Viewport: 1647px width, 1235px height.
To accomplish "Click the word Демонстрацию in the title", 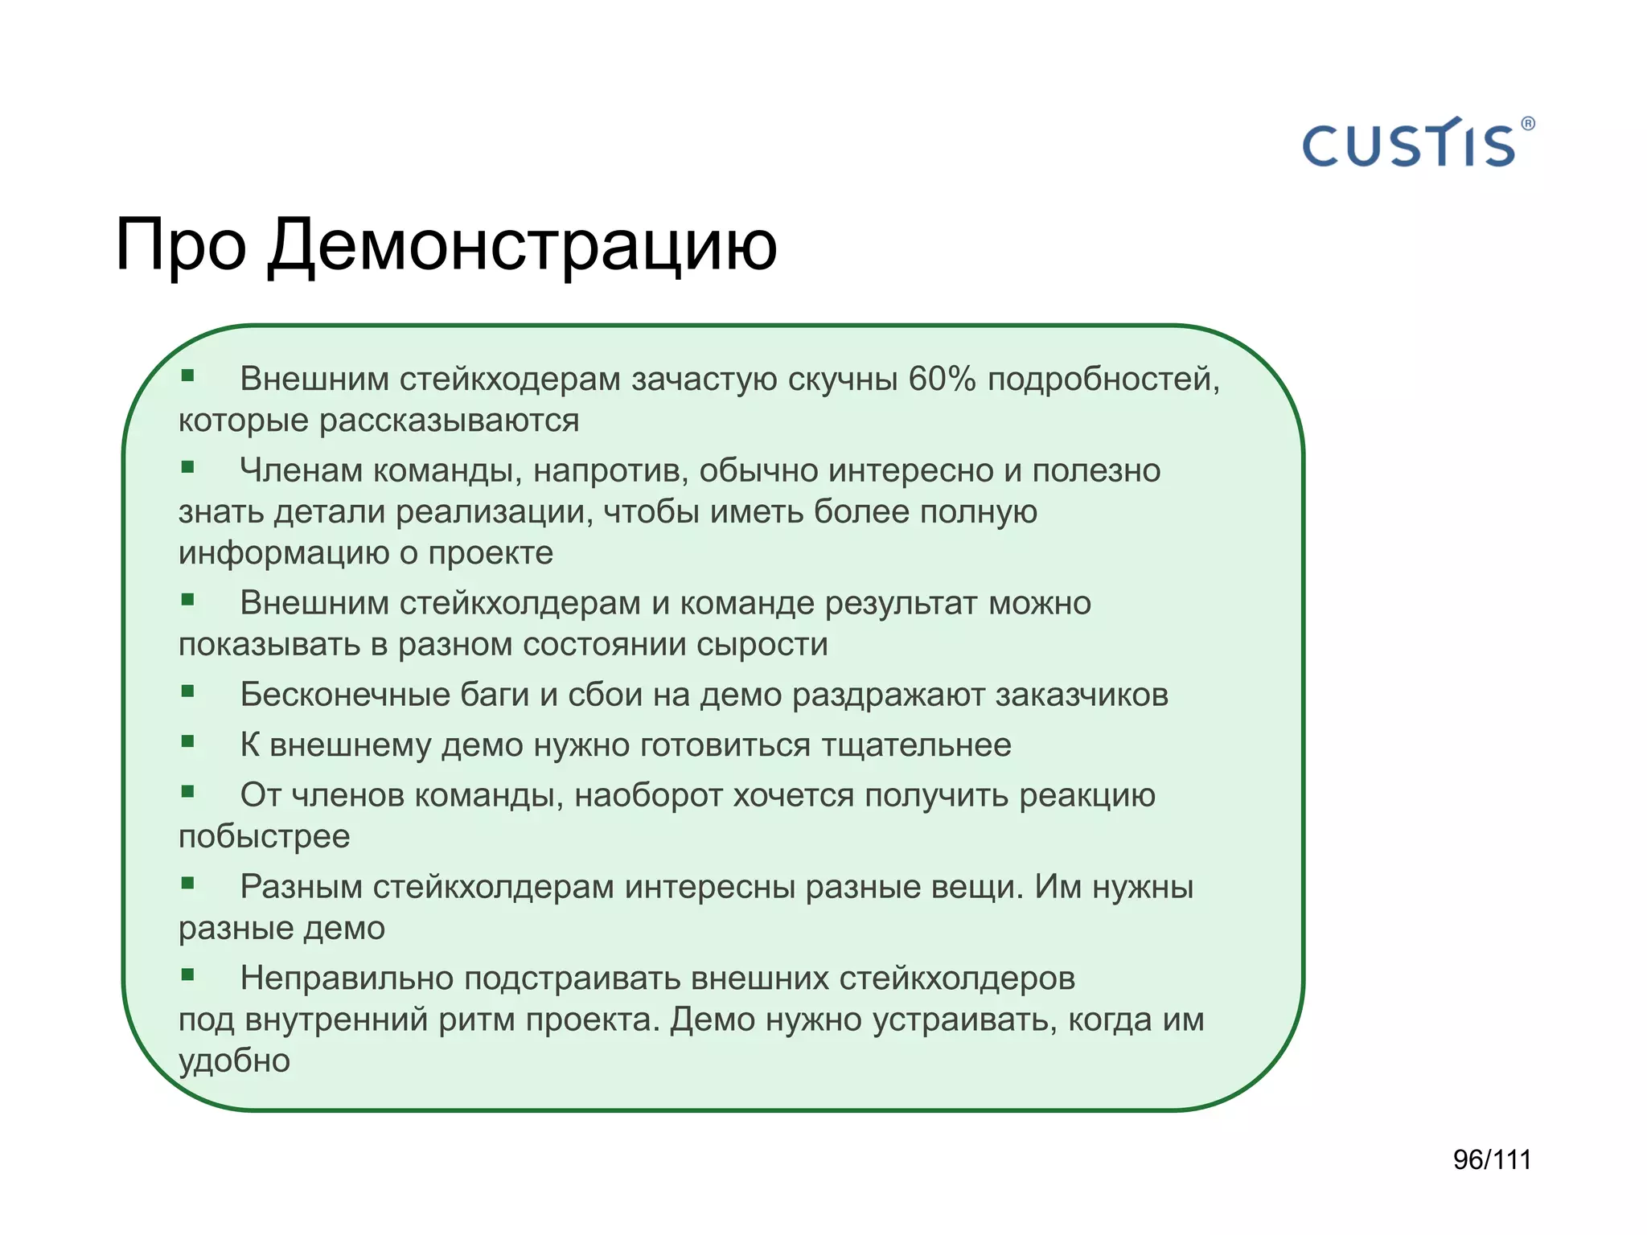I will tap(522, 245).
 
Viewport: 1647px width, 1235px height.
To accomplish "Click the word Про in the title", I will tap(180, 245).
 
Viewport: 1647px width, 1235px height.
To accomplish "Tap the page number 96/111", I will tap(1492, 1159).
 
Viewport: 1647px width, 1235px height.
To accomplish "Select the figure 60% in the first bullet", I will tap(942, 379).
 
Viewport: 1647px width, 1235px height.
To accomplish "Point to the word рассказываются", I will tap(449, 421).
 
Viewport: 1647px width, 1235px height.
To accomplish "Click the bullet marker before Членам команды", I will tap(188, 467).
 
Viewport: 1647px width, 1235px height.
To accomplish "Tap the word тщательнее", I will tap(916, 745).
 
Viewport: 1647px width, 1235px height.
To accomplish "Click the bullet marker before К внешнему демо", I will tap(188, 741).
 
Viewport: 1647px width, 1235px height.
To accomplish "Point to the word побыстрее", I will tap(264, 837).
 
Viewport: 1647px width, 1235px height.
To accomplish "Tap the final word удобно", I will tap(234, 1061).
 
